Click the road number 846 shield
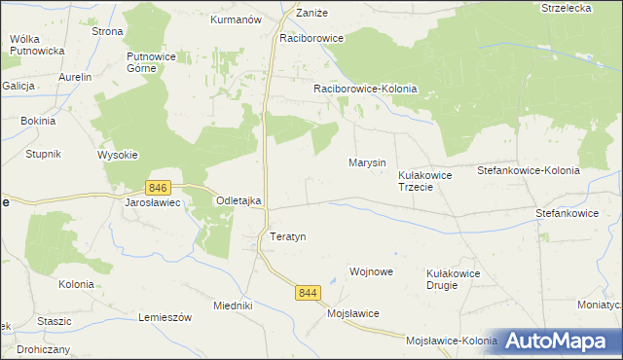click(158, 186)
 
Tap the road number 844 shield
click(309, 292)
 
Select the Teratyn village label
click(287, 236)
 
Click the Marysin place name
click(367, 162)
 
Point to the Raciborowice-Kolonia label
click(365, 89)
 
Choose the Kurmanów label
click(237, 18)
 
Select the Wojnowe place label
click(371, 271)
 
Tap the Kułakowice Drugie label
click(454, 280)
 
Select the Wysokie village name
click(118, 155)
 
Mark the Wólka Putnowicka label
click(36, 44)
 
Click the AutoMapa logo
click(560, 342)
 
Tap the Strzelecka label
click(568, 8)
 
